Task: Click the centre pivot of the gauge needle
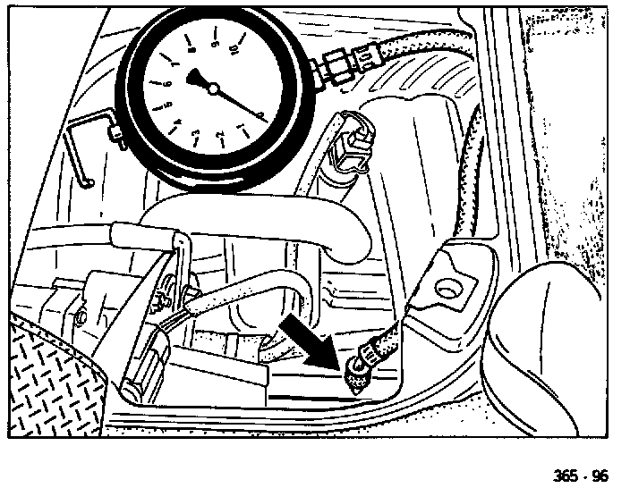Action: (x=214, y=88)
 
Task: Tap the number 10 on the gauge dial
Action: (x=234, y=50)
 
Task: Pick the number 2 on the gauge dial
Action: (x=219, y=134)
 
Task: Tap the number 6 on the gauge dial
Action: (x=166, y=83)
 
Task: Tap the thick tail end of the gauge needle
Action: (x=196, y=78)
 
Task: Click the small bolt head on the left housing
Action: (x=81, y=315)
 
